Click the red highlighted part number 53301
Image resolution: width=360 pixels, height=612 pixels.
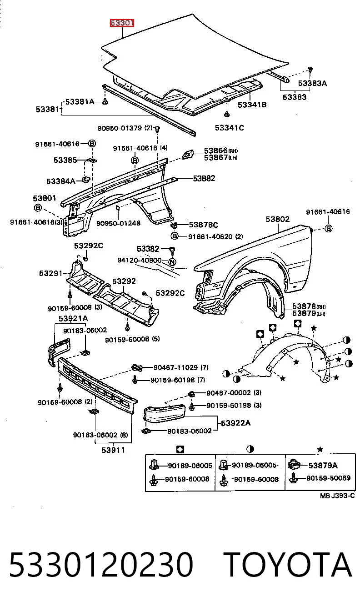(x=122, y=23)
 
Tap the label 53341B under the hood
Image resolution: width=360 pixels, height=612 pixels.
(x=252, y=105)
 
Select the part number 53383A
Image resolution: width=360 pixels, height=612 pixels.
(x=312, y=83)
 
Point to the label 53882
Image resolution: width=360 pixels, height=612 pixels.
(x=204, y=178)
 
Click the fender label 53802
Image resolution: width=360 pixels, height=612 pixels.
(x=278, y=219)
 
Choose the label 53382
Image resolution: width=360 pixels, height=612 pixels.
(x=148, y=249)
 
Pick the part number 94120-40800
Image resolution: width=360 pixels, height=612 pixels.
(x=139, y=261)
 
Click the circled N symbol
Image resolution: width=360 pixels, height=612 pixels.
(x=172, y=262)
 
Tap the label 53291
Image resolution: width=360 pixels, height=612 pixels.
(x=51, y=273)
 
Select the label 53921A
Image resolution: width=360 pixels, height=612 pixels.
(x=73, y=319)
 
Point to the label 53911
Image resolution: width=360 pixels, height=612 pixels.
(x=113, y=450)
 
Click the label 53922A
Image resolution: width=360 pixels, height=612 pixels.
(x=235, y=423)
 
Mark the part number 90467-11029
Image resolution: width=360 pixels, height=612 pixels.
(x=175, y=368)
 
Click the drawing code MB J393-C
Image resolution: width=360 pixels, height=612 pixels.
(x=337, y=496)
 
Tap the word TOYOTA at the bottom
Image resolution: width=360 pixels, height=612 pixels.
(x=287, y=565)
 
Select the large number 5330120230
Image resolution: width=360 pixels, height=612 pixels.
(x=101, y=565)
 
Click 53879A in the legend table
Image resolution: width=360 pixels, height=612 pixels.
(x=323, y=465)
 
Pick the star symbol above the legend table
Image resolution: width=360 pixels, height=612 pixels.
(x=320, y=449)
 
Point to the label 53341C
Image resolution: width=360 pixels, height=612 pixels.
(x=229, y=128)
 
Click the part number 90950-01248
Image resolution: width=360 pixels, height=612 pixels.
(x=118, y=223)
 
